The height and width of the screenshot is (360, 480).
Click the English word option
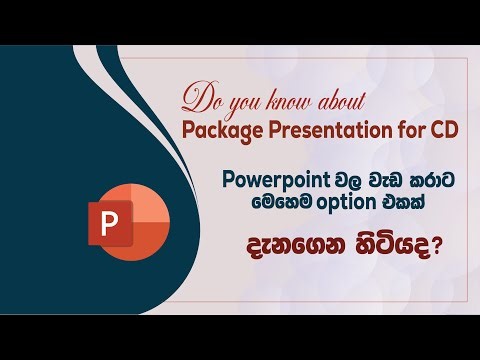(345, 202)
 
